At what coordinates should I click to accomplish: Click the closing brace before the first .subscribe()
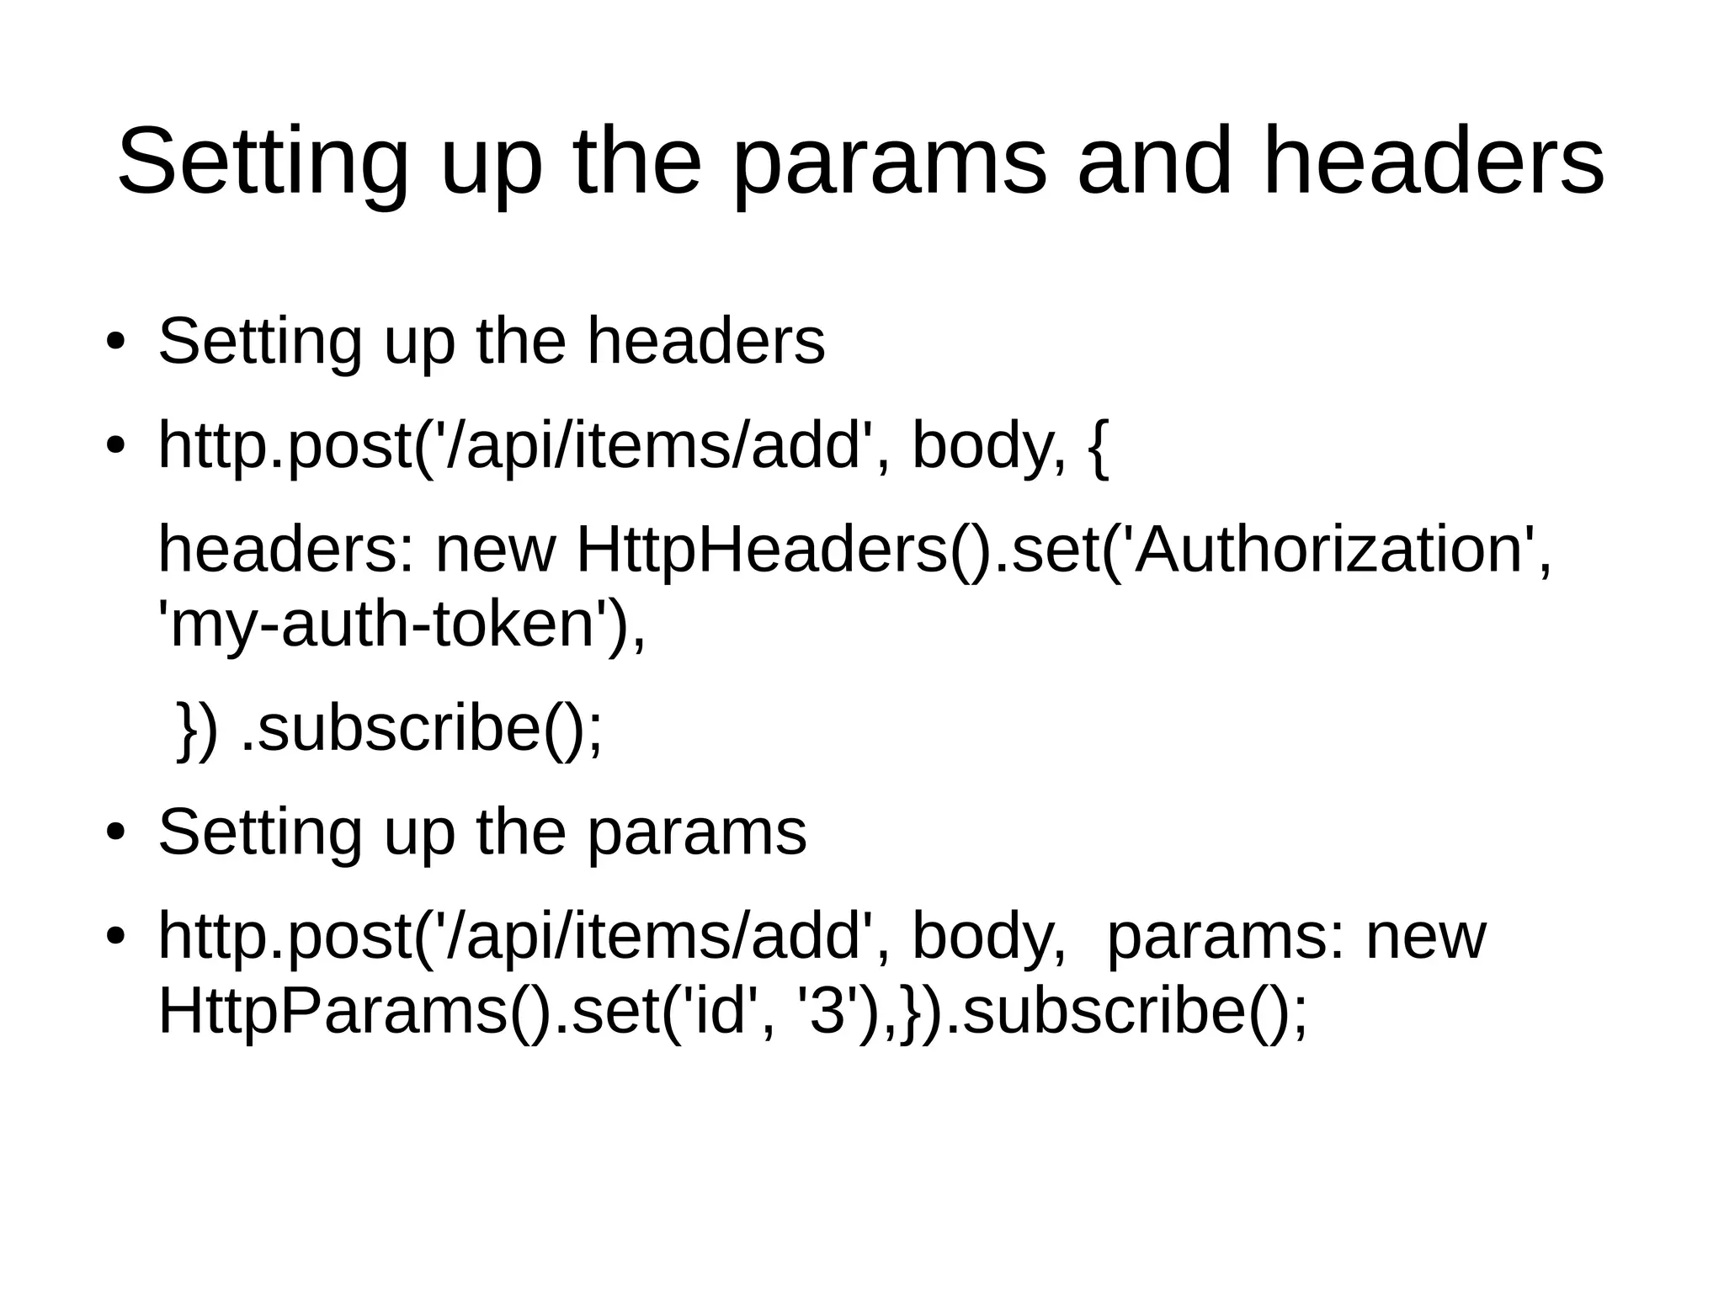tap(188, 731)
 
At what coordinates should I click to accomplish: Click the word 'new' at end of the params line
tap(1425, 938)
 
